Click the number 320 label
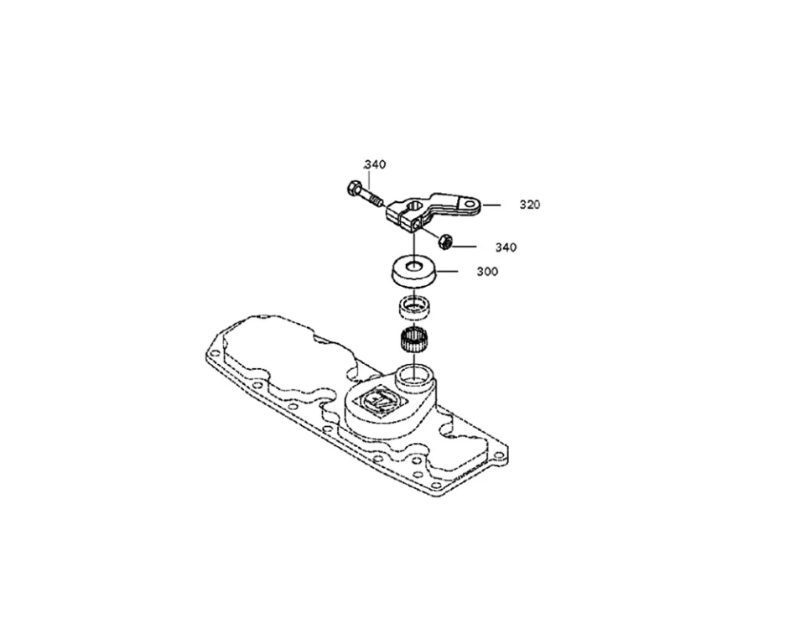pos(529,205)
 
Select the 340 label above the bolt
pos(375,164)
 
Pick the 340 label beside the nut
pos(506,247)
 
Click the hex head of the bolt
pos(352,188)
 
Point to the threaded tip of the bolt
pos(378,202)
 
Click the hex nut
pos(446,242)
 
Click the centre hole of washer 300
pos(413,267)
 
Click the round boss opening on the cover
pos(414,374)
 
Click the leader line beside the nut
pos(465,247)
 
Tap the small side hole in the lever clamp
pos(417,223)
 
